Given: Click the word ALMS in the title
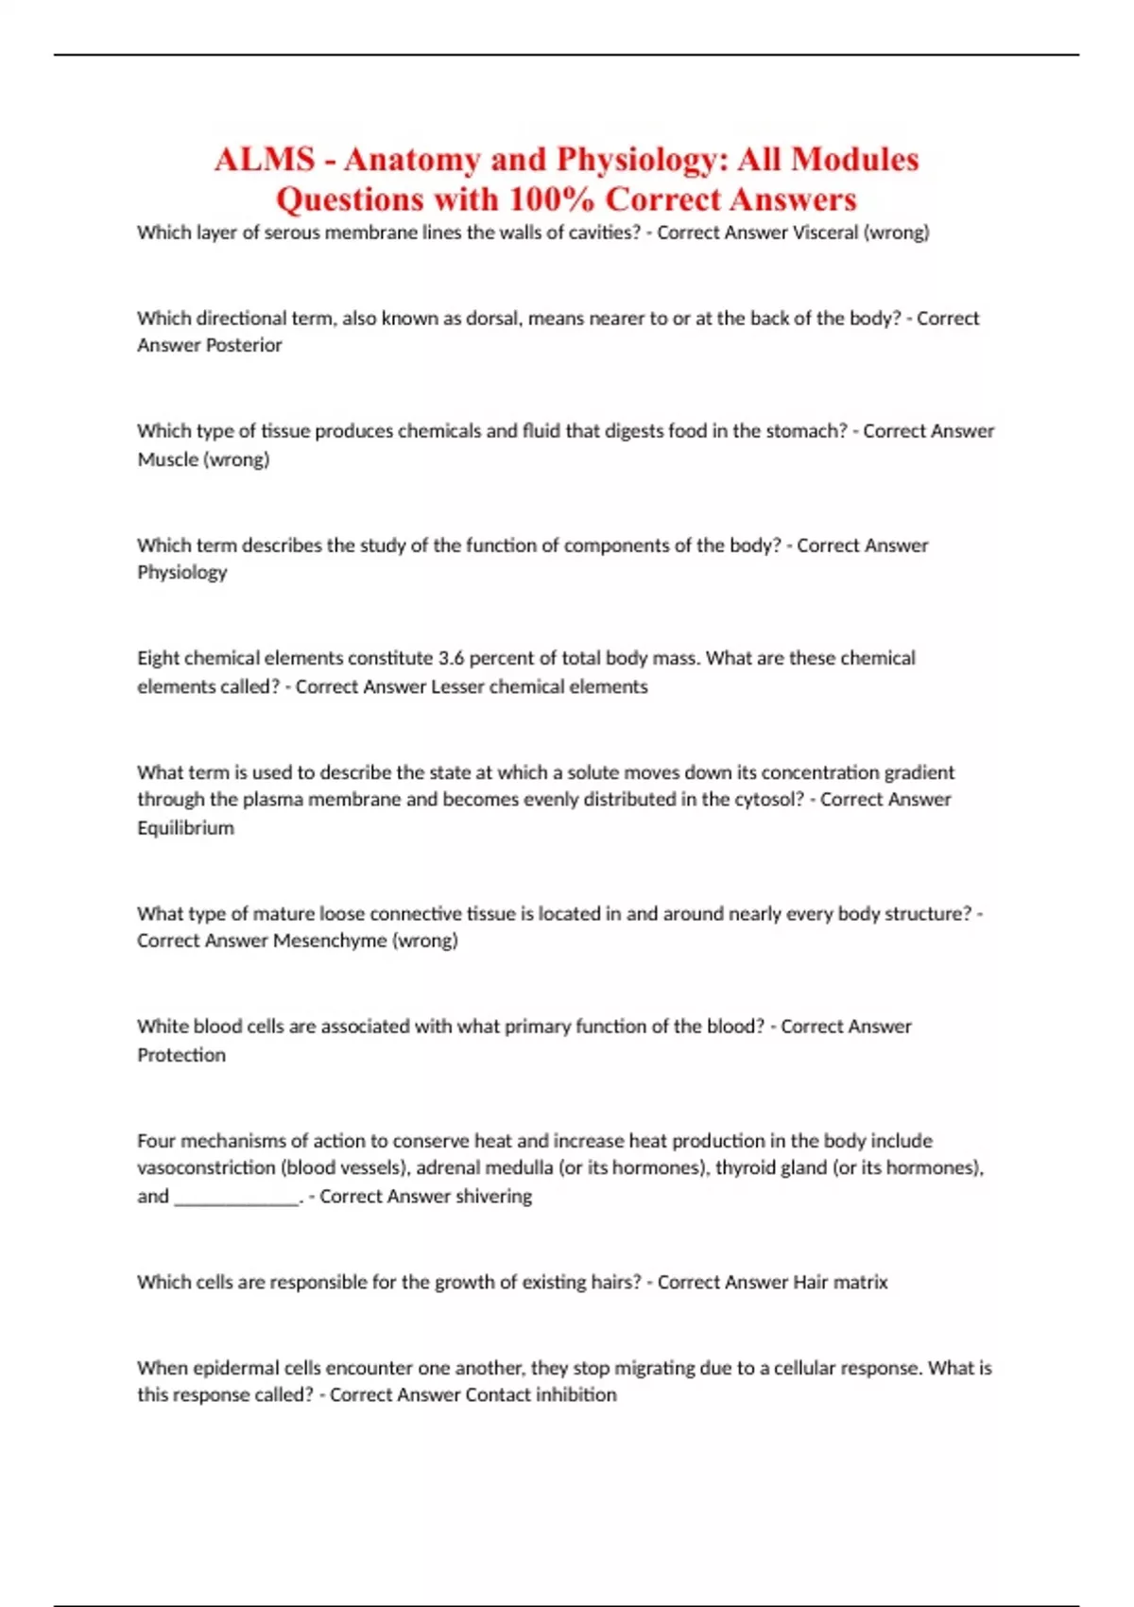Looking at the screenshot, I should (264, 159).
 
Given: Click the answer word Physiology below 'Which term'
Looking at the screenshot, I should (182, 572).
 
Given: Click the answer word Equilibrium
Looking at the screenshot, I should (185, 828).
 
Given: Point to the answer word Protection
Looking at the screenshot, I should (181, 1055).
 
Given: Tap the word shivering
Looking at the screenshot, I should (493, 1197).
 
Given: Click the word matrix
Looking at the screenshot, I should (860, 1283).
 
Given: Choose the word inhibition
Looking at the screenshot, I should (576, 1395).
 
